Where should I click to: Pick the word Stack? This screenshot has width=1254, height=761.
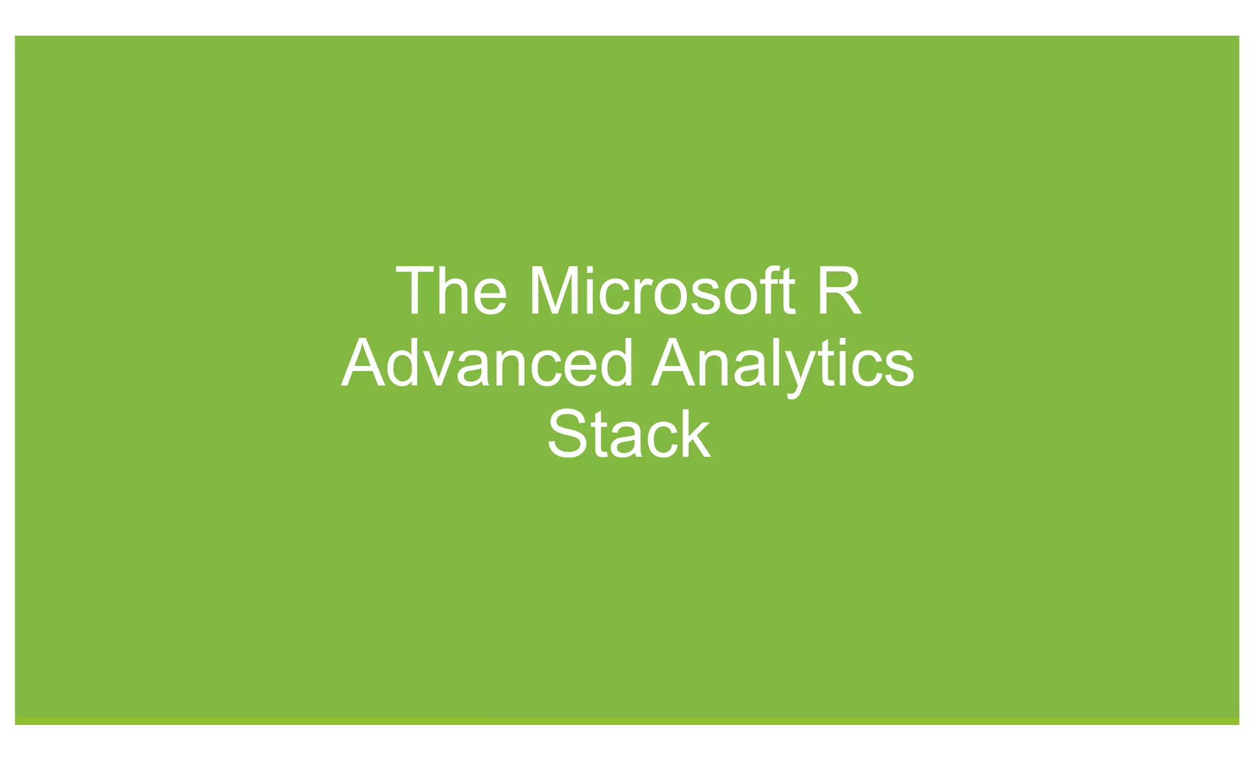tap(628, 435)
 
